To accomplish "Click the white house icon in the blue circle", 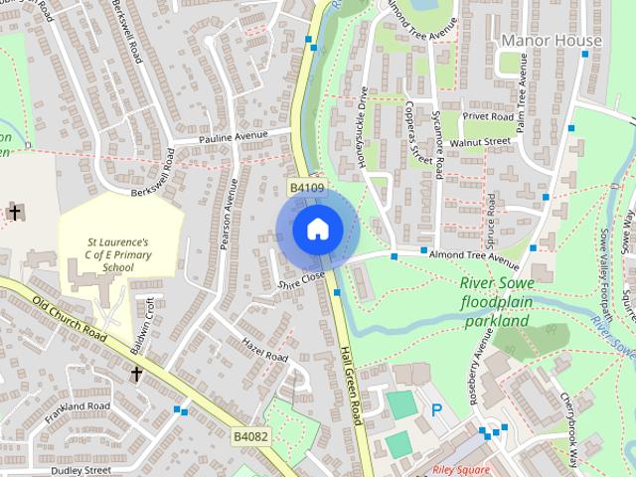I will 317,229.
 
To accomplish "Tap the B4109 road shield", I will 307,187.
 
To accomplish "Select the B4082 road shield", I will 251,436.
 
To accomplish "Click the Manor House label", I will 552,41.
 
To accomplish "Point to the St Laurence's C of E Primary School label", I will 118,253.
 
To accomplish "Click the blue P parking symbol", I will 435,409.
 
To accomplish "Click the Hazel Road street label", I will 264,349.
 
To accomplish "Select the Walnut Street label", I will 479,142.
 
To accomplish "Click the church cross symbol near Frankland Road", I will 137,373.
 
